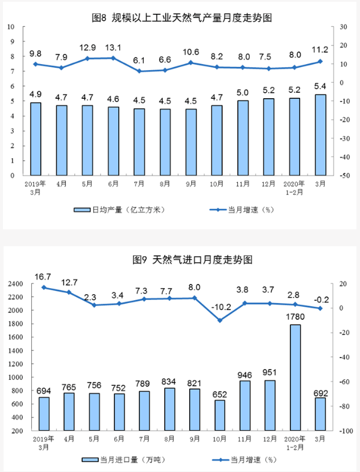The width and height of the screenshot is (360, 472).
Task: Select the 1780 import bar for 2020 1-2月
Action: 294,377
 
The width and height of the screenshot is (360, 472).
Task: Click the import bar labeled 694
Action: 44,414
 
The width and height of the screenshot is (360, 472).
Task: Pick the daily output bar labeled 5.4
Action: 320,135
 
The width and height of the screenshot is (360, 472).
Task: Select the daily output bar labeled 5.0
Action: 243,138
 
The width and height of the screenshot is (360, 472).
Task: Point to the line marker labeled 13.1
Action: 113,58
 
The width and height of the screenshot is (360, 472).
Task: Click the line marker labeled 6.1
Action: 139,71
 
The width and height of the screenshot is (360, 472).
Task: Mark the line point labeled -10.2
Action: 219,320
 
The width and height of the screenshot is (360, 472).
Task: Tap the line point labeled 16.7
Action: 44,288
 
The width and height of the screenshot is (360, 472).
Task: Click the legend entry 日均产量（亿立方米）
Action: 119,210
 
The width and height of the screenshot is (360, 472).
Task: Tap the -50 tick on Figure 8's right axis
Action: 344,176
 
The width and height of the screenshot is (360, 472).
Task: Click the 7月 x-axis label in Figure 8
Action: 139,184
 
